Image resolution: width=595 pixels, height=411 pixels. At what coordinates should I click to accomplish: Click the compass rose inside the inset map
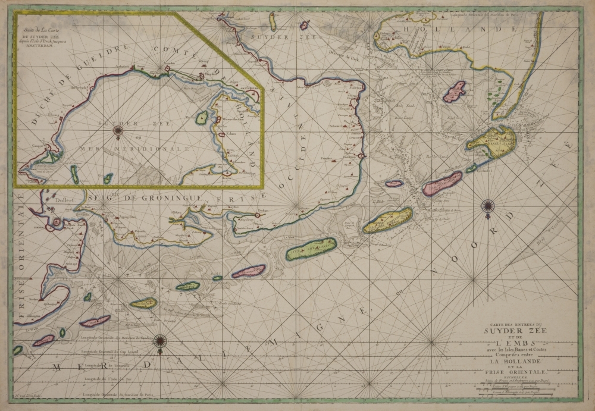tap(118, 130)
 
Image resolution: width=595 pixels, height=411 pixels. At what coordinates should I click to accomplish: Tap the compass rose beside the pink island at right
tap(488, 206)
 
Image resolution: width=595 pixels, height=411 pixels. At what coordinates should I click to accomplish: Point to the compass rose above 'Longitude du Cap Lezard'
tap(160, 341)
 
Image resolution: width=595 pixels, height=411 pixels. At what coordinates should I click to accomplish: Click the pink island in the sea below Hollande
tap(455, 92)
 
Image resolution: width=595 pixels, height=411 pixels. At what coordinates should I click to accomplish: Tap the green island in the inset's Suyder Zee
tap(202, 118)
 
